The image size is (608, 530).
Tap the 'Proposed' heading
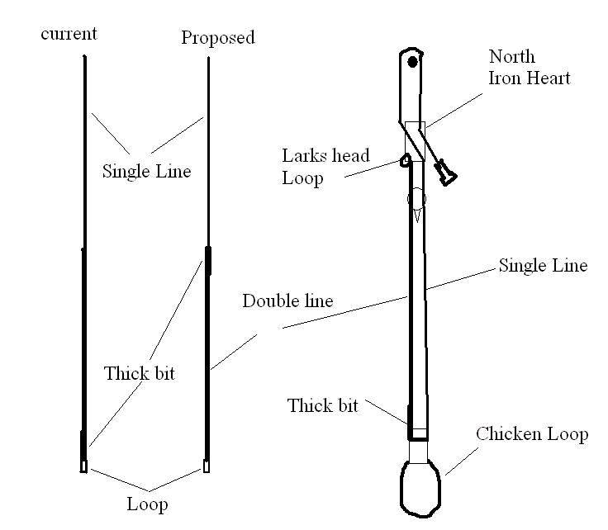pyautogui.click(x=218, y=37)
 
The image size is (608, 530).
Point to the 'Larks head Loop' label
pyautogui.click(x=325, y=166)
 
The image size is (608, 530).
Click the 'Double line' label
pyautogui.click(x=287, y=300)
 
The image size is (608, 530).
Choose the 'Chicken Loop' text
pyautogui.click(x=532, y=434)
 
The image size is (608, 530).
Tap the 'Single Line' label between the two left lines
pyautogui.click(x=146, y=171)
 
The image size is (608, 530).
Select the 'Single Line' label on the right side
pyautogui.click(x=542, y=266)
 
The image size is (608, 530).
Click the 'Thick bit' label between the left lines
pyautogui.click(x=140, y=373)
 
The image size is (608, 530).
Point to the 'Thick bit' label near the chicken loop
pyautogui.click(x=322, y=405)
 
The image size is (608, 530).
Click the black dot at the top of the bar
pyautogui.click(x=412, y=60)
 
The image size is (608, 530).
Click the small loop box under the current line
pyautogui.click(x=84, y=467)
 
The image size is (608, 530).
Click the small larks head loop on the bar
pyautogui.click(x=406, y=160)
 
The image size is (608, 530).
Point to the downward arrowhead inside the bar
pyautogui.click(x=418, y=215)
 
